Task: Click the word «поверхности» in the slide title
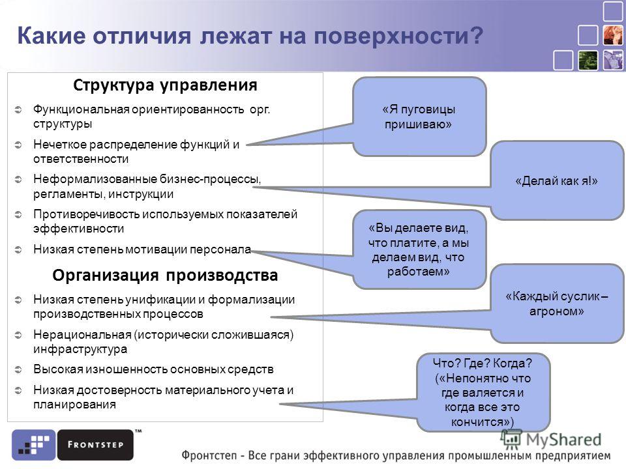(398, 36)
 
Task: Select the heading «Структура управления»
(165, 85)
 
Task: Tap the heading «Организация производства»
(165, 275)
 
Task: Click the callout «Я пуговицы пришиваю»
(419, 117)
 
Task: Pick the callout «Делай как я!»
(556, 180)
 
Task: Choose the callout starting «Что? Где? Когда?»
(483, 392)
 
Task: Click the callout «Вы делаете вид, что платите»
(419, 249)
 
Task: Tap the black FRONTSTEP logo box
(95, 445)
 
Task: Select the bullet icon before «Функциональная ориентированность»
(18, 109)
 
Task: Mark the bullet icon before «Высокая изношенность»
(18, 369)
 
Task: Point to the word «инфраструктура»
(80, 349)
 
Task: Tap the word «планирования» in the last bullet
(74, 405)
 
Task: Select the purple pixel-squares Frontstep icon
(33, 445)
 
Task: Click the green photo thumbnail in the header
(588, 60)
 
